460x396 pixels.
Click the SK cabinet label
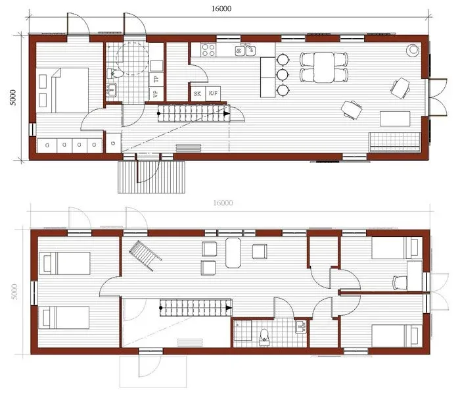click(x=197, y=94)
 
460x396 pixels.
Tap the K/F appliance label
click(x=214, y=94)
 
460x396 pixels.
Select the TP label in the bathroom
click(x=156, y=80)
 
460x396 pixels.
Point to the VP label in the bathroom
click(x=156, y=94)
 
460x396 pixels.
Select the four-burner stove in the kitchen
click(x=208, y=49)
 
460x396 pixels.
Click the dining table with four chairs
click(x=325, y=67)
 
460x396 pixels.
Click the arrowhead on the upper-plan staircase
click(x=227, y=114)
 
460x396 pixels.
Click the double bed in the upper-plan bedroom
click(x=64, y=89)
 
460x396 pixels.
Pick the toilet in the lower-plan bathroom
click(x=264, y=335)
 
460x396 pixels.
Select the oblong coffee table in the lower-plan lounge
click(x=234, y=253)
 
